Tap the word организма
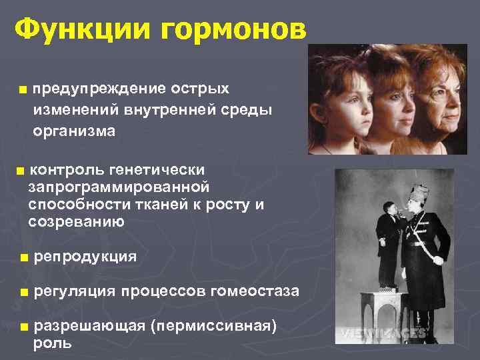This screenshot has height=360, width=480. tap(74, 131)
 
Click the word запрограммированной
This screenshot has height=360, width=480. tap(119, 187)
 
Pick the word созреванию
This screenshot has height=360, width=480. tap(76, 222)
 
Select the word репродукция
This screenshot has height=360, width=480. tap(85, 257)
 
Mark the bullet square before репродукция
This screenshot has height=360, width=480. tap(24, 257)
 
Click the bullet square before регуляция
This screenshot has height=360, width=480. tap(24, 292)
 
